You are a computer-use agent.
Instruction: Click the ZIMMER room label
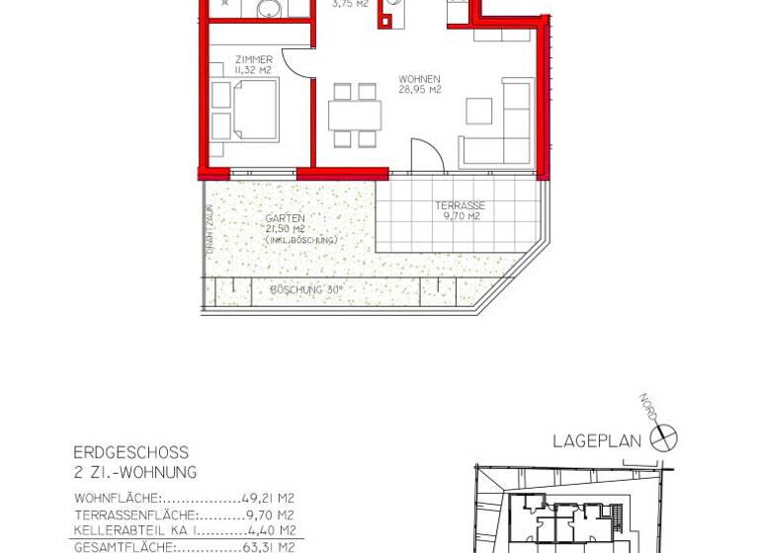coord(254,59)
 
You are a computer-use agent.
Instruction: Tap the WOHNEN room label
coord(419,79)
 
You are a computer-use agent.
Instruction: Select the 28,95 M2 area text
coord(419,90)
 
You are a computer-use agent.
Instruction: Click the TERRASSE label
coord(460,205)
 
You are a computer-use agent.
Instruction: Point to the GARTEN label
coord(285,218)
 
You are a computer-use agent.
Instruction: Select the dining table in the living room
coord(355,116)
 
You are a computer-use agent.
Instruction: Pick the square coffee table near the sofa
coord(478,111)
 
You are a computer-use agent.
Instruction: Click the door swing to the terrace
coord(426,156)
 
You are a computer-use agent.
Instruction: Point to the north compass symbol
coord(663,437)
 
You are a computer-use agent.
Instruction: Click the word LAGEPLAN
coord(597,441)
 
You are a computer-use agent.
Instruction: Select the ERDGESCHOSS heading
coord(130,453)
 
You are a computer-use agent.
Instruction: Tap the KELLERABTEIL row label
coord(125,530)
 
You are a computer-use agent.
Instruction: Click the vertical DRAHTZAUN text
coord(210,230)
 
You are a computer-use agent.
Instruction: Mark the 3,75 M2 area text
coord(350,4)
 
